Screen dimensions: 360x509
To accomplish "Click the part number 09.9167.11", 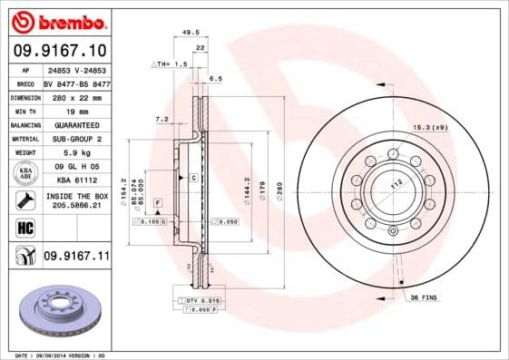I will coord(76,258).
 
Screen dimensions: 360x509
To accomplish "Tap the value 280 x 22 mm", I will coord(74,95).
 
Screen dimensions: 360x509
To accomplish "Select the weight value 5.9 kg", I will coord(74,153).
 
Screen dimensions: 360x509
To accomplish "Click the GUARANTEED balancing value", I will coord(74,124).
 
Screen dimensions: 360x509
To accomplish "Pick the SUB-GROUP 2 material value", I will coord(74,139).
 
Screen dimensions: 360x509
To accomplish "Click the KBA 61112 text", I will coord(74,180).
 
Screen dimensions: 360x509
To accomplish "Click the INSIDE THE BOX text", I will coord(75,197).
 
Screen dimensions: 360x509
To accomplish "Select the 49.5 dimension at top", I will coord(191,32).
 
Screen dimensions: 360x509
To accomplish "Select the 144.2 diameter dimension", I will coord(248,188).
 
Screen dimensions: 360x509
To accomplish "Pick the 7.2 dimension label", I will coord(162,119).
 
